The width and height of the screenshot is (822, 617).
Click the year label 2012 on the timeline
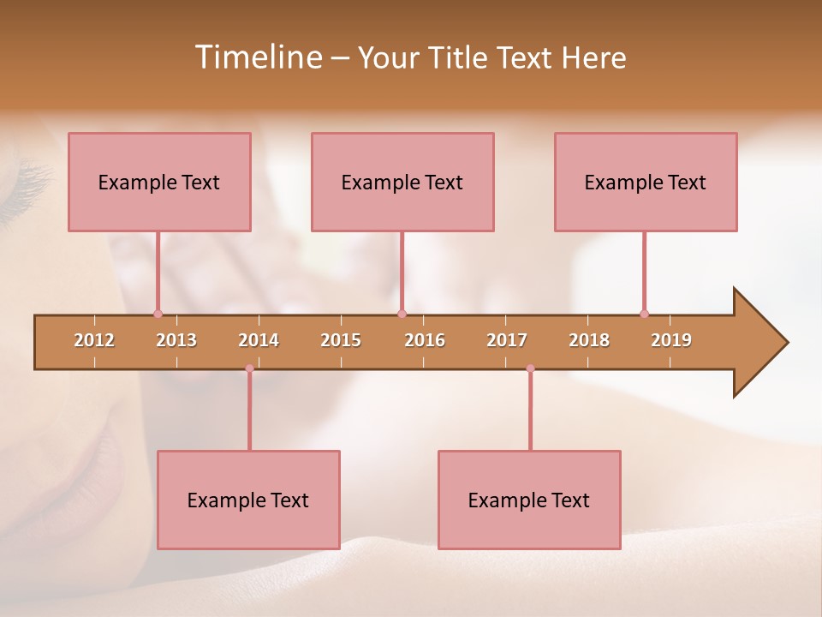coord(94,340)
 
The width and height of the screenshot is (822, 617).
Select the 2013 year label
coord(176,340)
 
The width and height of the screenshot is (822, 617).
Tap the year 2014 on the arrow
coord(259,340)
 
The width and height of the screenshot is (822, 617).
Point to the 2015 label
coord(341,340)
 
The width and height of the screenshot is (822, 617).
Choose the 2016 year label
coord(425,340)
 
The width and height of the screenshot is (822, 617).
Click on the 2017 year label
coord(507,340)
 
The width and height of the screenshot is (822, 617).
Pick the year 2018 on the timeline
coord(589,340)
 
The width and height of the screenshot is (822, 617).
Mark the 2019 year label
coord(671,340)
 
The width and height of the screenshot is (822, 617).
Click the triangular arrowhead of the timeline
coord(759,343)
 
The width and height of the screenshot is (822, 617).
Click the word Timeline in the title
coord(258,57)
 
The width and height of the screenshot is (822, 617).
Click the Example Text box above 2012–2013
coord(159,182)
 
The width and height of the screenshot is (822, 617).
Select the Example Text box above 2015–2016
coord(402,182)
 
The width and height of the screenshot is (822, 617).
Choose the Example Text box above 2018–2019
coord(646,182)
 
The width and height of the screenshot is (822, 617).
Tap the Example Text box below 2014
coord(248,500)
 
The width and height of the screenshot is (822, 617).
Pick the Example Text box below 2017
coord(529,500)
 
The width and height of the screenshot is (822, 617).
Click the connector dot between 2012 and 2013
coord(158,314)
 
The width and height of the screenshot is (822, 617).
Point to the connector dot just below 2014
coord(249,368)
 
